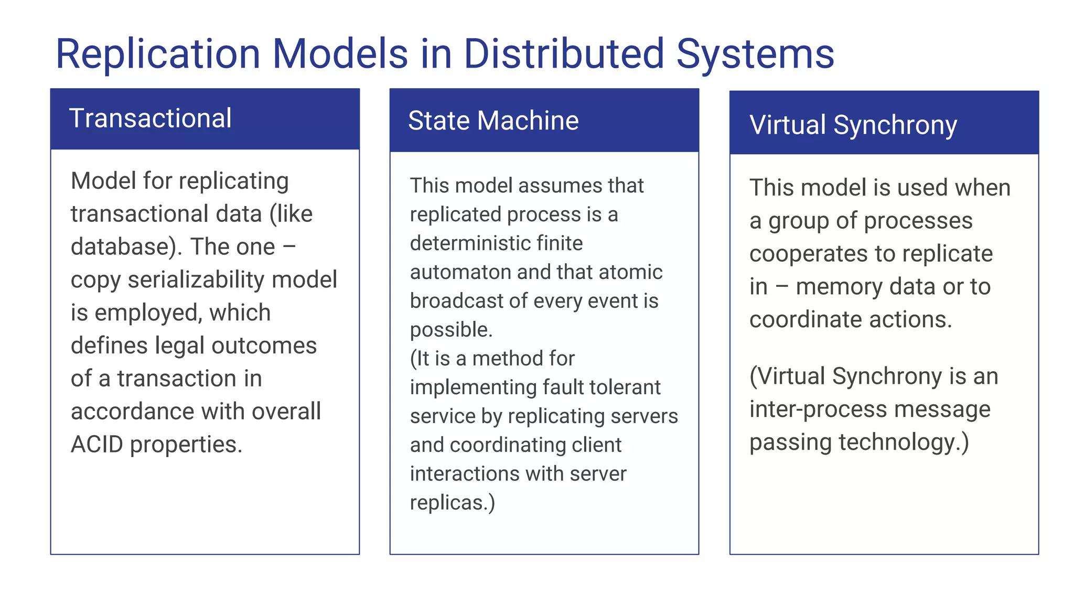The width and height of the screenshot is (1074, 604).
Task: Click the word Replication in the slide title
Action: pos(157,54)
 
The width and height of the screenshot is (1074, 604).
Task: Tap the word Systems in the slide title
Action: pos(755,54)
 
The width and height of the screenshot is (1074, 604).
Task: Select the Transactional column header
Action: pos(150,118)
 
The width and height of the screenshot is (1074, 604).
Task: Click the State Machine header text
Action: pos(493,121)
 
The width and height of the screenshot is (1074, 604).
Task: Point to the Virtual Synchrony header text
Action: pos(853,125)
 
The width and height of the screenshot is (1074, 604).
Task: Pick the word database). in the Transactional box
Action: pos(126,247)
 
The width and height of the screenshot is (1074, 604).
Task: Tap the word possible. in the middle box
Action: pos(451,330)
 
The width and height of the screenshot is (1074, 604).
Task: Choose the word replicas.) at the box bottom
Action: pos(452,503)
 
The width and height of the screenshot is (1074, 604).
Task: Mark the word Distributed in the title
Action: pos(564,54)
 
